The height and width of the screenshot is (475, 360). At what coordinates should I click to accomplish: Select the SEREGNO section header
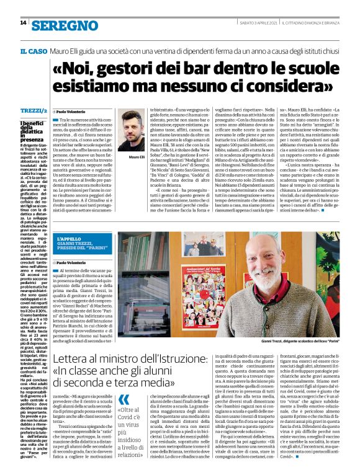click(60, 24)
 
